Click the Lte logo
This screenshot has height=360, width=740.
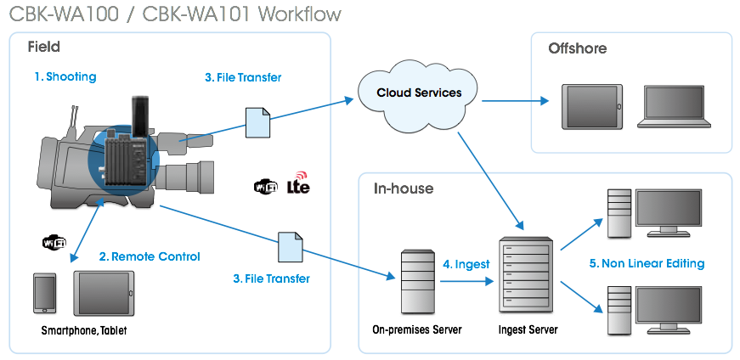(299, 184)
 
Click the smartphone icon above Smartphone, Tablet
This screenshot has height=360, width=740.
(44, 295)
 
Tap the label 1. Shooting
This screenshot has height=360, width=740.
(65, 76)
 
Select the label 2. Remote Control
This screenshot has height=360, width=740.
(150, 256)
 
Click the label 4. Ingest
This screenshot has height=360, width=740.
(466, 264)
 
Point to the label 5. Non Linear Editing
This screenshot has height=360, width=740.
(647, 263)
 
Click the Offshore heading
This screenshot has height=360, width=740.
(577, 48)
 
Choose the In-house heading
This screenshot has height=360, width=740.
(404, 188)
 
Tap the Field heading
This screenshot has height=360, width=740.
(43, 47)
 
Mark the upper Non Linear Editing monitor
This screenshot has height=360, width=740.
(669, 213)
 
